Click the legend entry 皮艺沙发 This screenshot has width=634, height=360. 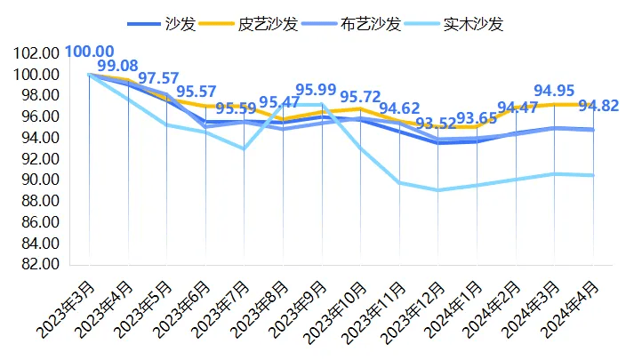(257, 23)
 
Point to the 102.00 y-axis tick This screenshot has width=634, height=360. (37, 53)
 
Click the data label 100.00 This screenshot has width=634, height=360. (89, 52)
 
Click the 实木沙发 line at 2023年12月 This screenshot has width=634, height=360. (438, 190)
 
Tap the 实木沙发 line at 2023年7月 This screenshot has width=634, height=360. (245, 148)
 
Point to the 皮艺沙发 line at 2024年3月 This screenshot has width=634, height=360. (555, 105)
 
